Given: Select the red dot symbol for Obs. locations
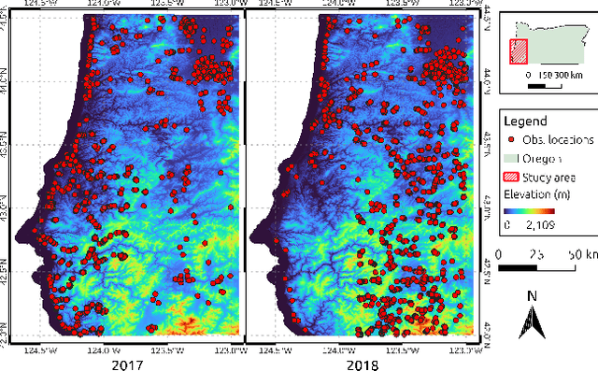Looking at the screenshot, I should [x=512, y=139].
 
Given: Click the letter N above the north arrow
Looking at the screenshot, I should [x=531, y=297].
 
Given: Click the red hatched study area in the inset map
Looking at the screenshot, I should [x=518, y=52].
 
